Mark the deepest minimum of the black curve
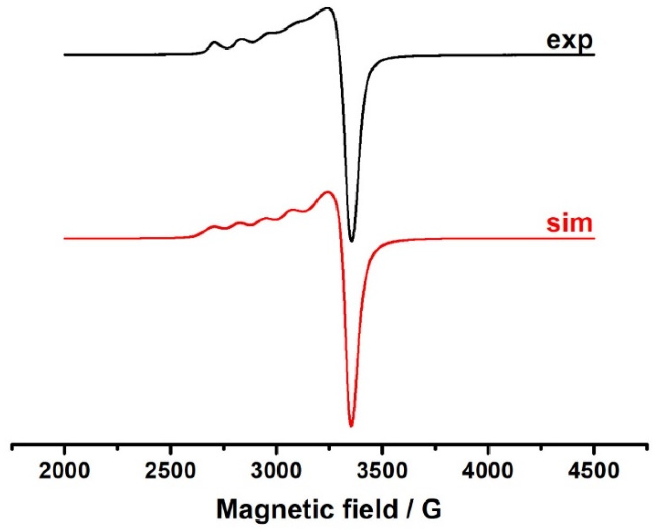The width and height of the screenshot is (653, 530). point(352,242)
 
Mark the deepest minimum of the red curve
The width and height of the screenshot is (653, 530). point(351,426)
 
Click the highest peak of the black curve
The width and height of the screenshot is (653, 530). point(327,7)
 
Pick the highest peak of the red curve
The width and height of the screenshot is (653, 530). point(327,192)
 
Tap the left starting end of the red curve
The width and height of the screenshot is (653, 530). point(65,238)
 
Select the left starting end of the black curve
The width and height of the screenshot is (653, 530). point(65,54)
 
